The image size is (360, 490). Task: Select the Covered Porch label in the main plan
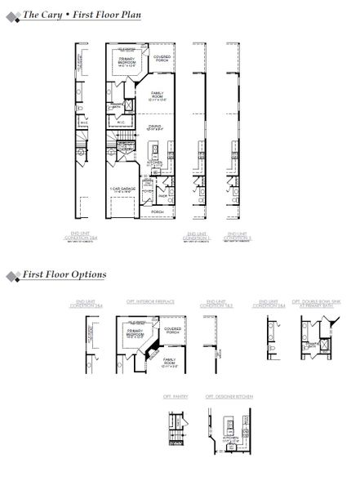(x=162, y=57)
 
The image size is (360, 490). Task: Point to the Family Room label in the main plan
(x=157, y=96)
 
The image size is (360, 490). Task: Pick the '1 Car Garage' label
(x=122, y=189)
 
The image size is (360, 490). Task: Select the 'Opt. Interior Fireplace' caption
(x=149, y=301)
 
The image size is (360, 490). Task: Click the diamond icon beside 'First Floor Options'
(x=13, y=275)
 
